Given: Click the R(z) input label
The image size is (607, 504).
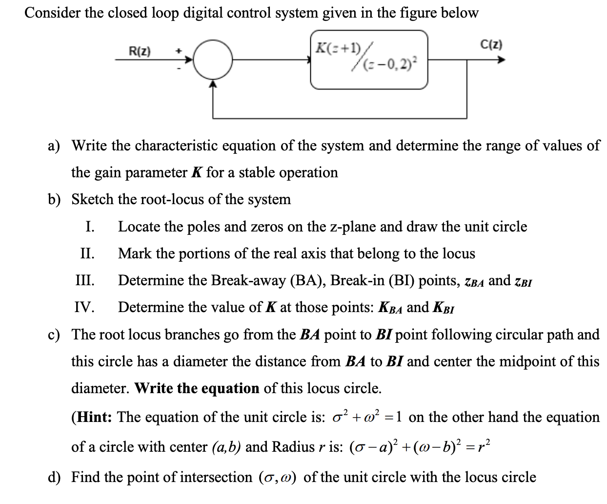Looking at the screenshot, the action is pyautogui.click(x=140, y=51).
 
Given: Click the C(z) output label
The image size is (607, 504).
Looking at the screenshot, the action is pyautogui.click(x=491, y=45).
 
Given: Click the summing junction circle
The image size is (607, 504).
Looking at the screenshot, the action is pyautogui.click(x=213, y=60).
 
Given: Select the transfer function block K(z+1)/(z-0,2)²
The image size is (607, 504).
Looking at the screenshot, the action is pyautogui.click(x=369, y=60).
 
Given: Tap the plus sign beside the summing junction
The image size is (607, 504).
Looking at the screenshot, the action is pyautogui.click(x=179, y=50).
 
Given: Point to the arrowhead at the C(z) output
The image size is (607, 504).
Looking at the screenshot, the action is pyautogui.click(x=501, y=60).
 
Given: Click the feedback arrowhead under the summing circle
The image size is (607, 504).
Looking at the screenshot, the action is pyautogui.click(x=213, y=84).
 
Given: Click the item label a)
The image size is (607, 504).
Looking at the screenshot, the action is pyautogui.click(x=54, y=146).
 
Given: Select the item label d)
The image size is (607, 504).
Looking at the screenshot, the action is pyautogui.click(x=54, y=477).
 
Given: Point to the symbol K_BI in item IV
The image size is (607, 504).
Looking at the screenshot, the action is pyautogui.click(x=444, y=308).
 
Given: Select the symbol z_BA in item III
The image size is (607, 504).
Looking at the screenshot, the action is pyautogui.click(x=474, y=281).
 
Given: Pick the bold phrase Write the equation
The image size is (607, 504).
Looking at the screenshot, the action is pyautogui.click(x=197, y=388).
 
